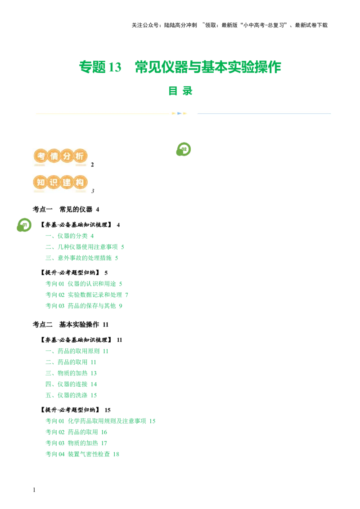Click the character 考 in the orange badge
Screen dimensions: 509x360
(x=40, y=156)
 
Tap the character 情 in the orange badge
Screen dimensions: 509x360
(x=54, y=156)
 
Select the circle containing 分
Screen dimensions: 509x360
(x=67, y=156)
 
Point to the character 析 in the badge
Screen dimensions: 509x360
(x=80, y=156)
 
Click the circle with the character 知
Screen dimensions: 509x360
(x=40, y=182)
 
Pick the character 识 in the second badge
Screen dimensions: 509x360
(x=54, y=182)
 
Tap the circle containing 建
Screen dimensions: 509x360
(x=67, y=182)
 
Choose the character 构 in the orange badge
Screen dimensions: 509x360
(x=80, y=182)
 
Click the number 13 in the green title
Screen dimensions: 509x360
(x=116, y=67)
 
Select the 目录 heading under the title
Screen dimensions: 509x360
(x=180, y=91)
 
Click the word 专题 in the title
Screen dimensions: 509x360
(x=92, y=67)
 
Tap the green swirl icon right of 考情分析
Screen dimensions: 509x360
(x=182, y=150)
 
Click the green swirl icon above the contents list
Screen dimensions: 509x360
(x=24, y=225)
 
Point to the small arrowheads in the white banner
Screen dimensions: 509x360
(x=179, y=113)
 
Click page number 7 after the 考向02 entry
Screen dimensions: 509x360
(x=128, y=295)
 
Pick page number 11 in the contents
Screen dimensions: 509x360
(x=105, y=351)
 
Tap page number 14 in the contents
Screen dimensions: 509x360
(x=94, y=384)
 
